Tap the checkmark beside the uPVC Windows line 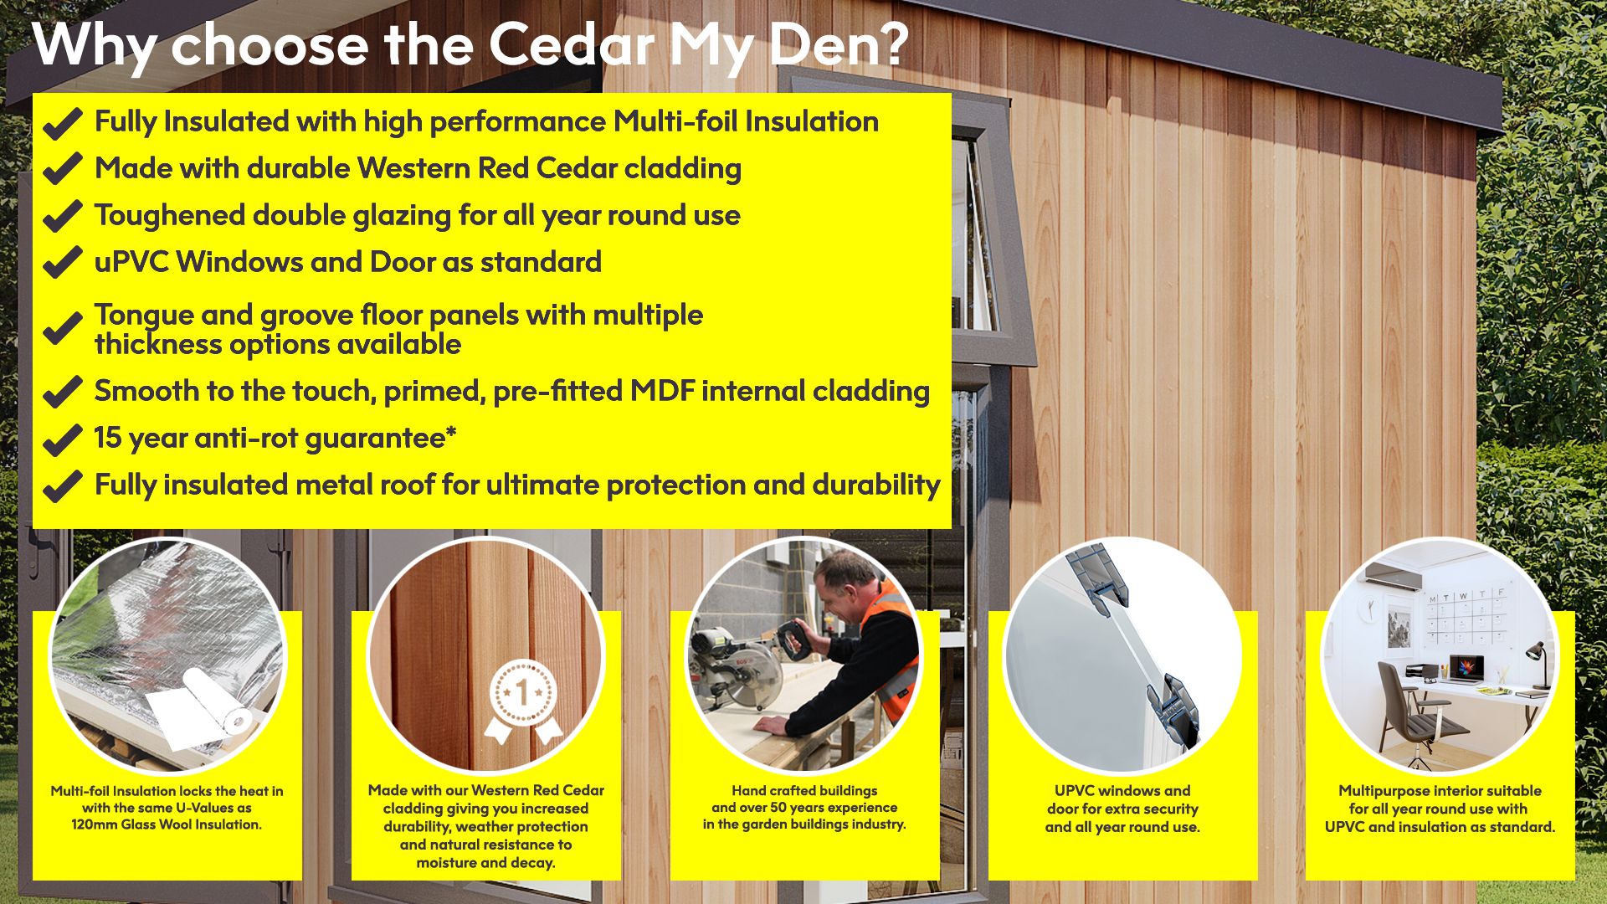(x=62, y=263)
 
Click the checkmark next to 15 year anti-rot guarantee (x=62, y=439)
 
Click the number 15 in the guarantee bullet (x=108, y=438)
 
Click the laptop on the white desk (x=1466, y=670)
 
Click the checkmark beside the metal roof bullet (x=62, y=485)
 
